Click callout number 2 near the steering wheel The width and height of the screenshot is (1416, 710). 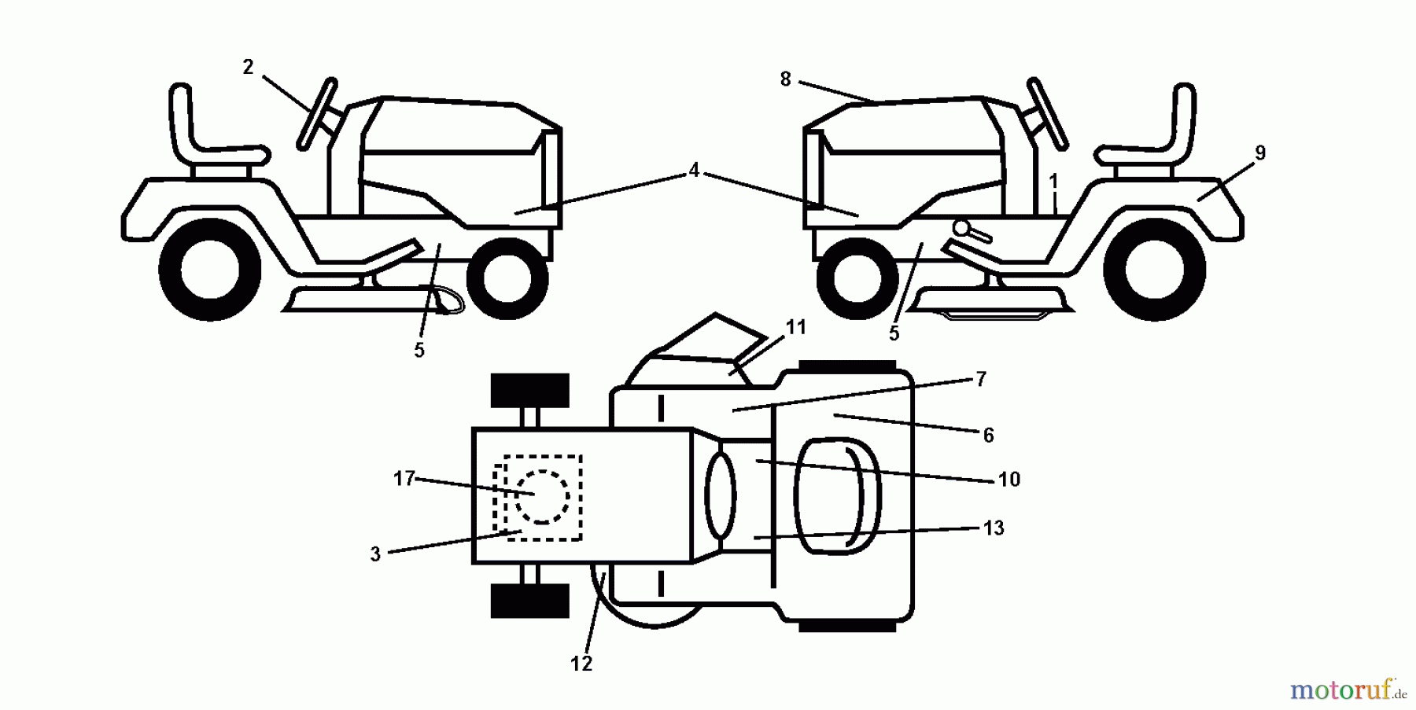[x=248, y=68]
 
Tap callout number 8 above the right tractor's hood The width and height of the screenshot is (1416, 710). [x=785, y=79]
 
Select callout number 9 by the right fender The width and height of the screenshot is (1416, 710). [x=1260, y=153]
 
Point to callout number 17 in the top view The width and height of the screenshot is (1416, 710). [x=404, y=478]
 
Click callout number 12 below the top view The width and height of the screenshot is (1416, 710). [x=581, y=664]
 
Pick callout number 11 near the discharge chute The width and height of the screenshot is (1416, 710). [x=796, y=327]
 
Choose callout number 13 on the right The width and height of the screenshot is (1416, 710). [x=994, y=528]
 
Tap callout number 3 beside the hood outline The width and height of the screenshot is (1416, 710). [x=375, y=554]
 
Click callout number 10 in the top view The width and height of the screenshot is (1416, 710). [x=1009, y=479]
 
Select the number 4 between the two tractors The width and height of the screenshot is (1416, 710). [x=693, y=171]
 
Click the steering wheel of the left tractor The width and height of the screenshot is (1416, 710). [x=316, y=113]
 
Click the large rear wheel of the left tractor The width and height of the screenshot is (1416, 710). [x=210, y=269]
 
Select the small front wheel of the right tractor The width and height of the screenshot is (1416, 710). [x=857, y=278]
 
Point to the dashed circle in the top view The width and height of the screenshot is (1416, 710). [x=541, y=497]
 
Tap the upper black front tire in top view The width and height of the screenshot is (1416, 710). [x=529, y=391]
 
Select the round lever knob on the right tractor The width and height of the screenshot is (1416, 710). [x=961, y=228]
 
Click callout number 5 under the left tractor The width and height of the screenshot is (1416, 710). [x=419, y=351]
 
